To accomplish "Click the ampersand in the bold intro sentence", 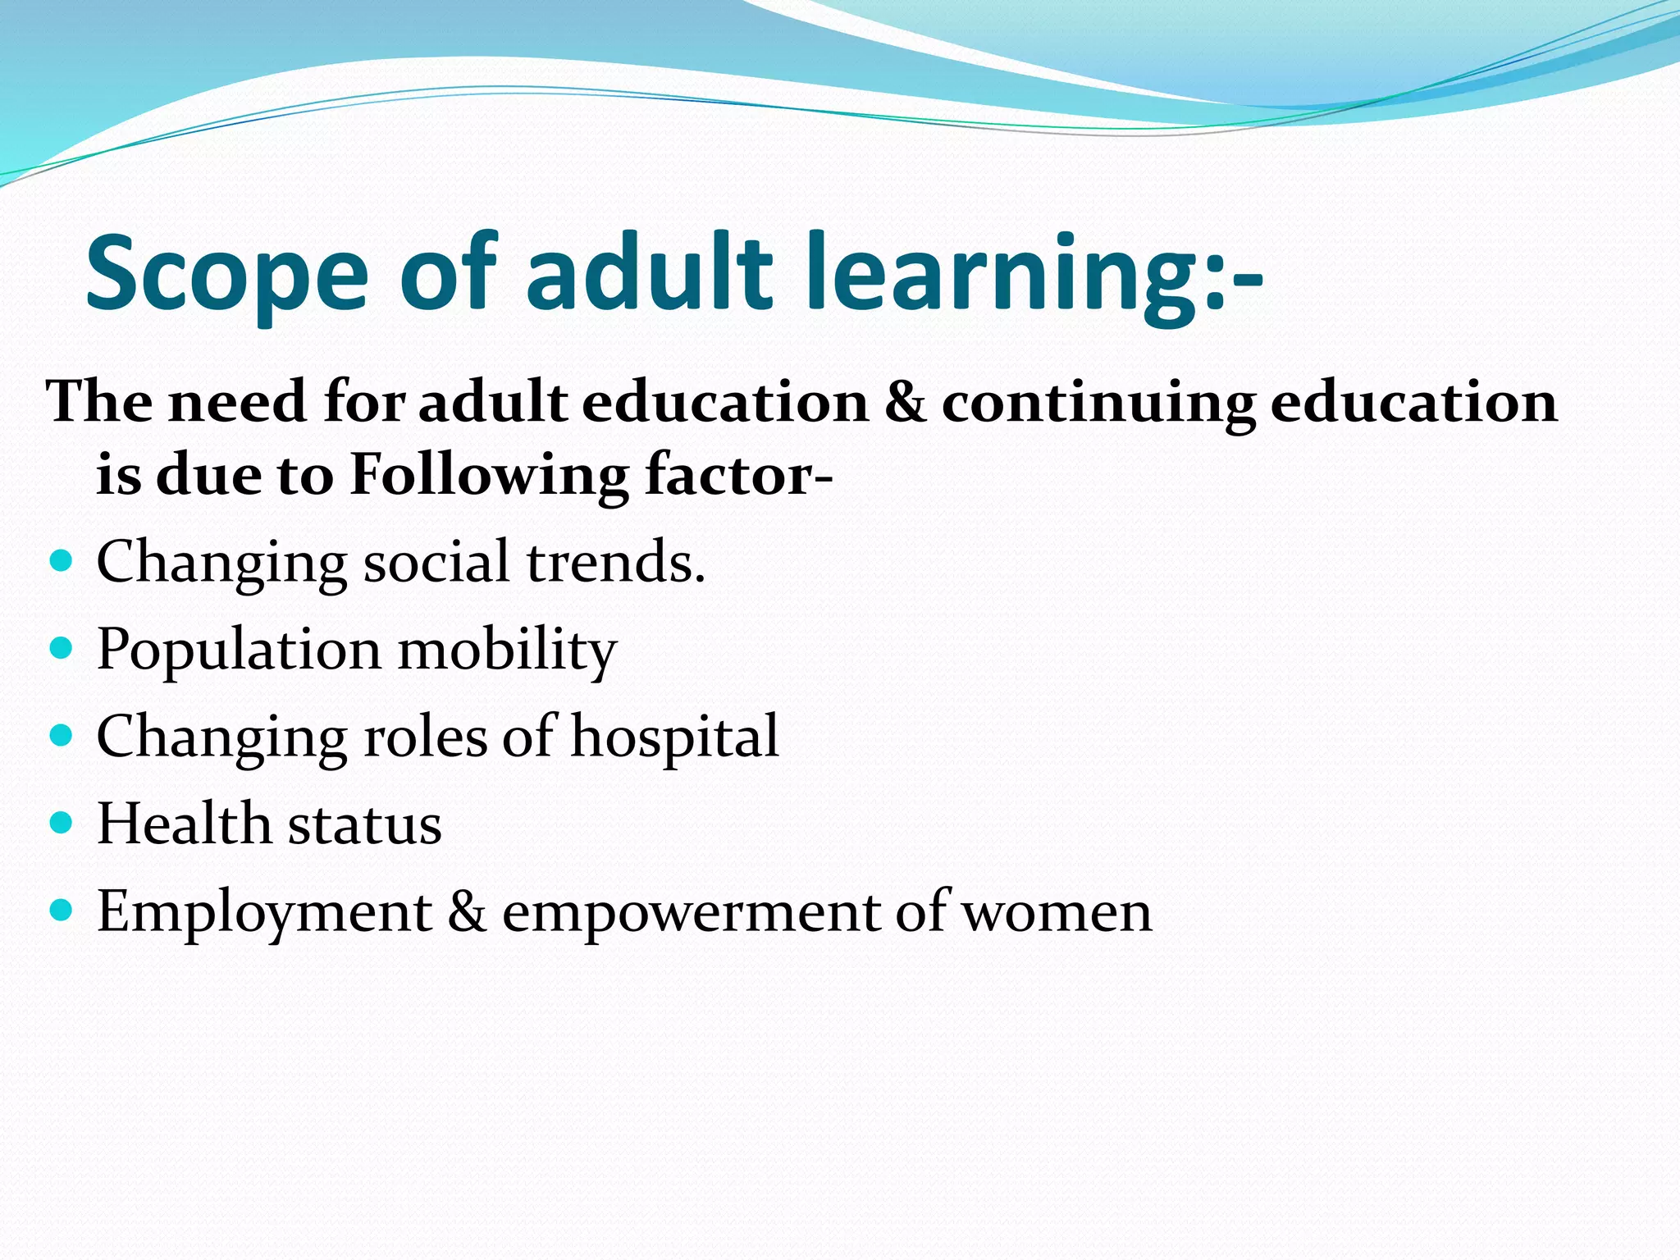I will click(905, 403).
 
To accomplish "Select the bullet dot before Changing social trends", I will click(62, 562).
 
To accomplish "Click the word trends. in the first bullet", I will click(615, 564).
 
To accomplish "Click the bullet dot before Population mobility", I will click(62, 650).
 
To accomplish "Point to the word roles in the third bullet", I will click(425, 737).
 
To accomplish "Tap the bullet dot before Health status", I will click(62, 823).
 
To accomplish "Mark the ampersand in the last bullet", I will click(467, 911).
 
